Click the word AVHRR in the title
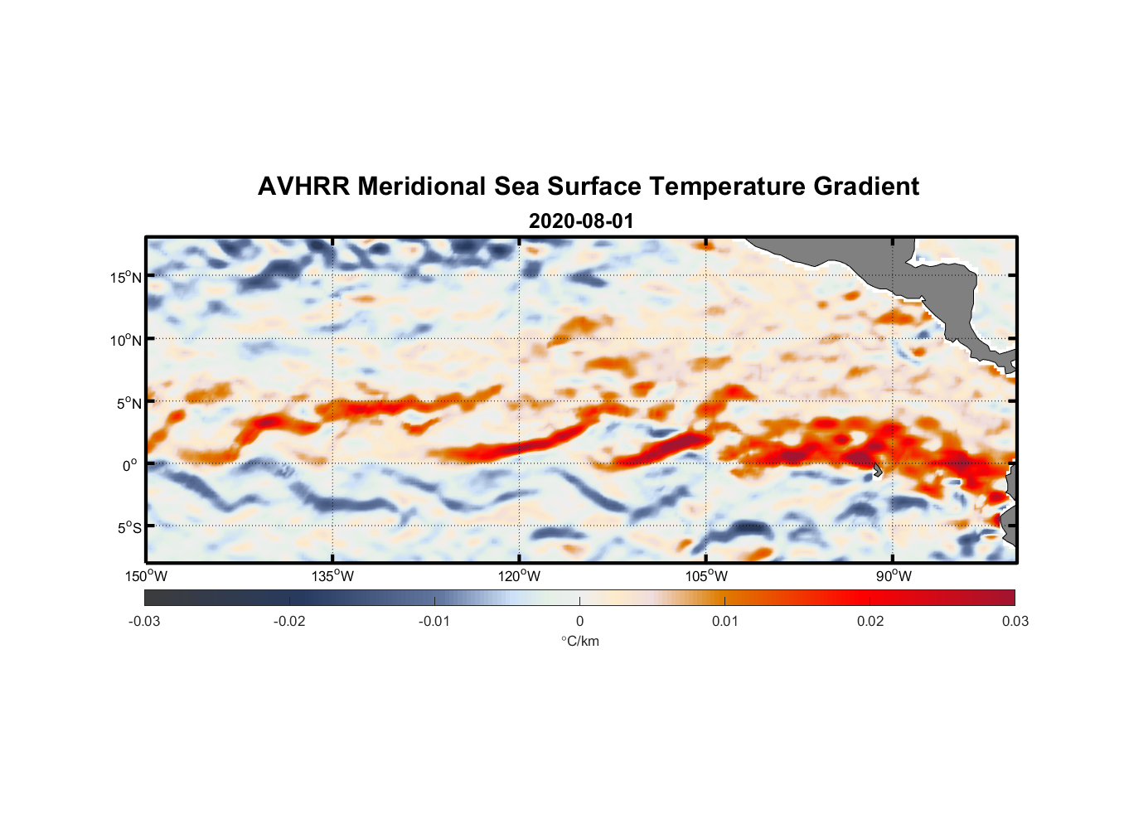coord(303,187)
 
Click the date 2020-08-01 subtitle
coord(581,221)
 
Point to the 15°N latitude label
coord(126,277)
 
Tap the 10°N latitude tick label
coord(126,340)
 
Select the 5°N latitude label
coord(129,403)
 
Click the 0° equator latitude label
coord(130,466)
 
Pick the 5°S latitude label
coord(129,528)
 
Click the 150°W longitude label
coord(146,576)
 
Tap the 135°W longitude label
coord(332,576)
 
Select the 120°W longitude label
coord(519,576)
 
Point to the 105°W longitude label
coord(706,576)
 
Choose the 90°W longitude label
coord(894,576)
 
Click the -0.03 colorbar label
coord(144,622)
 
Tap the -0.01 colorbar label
coord(434,622)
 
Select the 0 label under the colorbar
coord(579,622)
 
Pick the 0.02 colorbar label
coord(870,622)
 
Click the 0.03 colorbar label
coord(1015,622)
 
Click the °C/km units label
coord(580,641)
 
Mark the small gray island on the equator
coord(877,469)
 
